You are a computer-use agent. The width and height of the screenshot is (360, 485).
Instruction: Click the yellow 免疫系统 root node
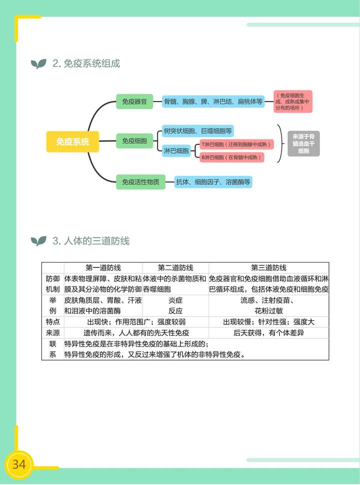coord(72,141)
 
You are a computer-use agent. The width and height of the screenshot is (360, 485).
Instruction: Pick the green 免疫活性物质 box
coord(140,182)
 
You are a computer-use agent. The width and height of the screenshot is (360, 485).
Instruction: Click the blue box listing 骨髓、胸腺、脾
coord(213,101)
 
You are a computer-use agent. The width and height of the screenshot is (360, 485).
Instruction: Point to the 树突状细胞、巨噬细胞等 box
coord(197,131)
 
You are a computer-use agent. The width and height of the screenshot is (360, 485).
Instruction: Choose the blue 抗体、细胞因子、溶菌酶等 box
coord(213,182)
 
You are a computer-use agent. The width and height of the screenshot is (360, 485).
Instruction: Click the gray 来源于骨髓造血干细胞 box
coord(303,143)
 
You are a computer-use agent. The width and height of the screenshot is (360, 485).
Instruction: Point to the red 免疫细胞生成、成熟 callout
coord(293,101)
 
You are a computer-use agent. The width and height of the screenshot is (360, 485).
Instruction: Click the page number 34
coord(19,464)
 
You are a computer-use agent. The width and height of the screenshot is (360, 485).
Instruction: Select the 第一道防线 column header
coord(103,267)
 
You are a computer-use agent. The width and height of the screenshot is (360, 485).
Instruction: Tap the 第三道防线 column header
coord(268,267)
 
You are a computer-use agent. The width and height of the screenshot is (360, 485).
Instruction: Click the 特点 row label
coord(52,321)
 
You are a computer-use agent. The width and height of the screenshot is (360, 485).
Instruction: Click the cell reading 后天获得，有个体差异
coord(268,332)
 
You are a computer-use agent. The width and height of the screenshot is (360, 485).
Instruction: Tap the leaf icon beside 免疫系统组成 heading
coord(38,64)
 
